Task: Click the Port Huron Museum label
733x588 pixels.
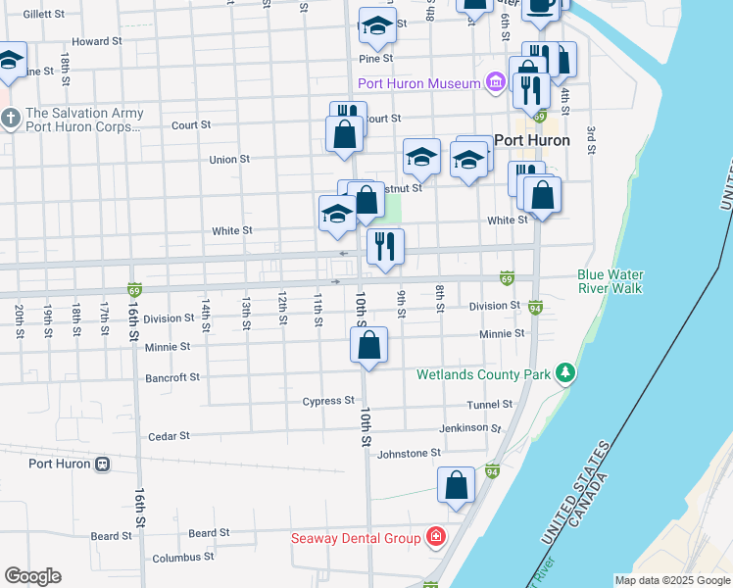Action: click(x=419, y=83)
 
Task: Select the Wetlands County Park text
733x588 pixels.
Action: click(x=482, y=374)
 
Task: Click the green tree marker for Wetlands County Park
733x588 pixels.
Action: click(x=564, y=373)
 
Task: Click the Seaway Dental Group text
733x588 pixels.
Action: click(x=357, y=538)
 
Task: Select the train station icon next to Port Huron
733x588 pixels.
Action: click(x=101, y=465)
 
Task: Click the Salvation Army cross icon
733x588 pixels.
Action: click(x=11, y=121)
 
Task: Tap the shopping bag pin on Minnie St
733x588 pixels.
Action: click(x=368, y=346)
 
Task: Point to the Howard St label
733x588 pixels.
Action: click(x=96, y=42)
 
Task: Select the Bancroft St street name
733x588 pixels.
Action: click(x=171, y=376)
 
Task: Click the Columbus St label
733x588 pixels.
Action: click(x=183, y=557)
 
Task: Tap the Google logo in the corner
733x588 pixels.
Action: click(x=33, y=575)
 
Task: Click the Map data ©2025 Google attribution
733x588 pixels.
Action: click(x=672, y=580)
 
